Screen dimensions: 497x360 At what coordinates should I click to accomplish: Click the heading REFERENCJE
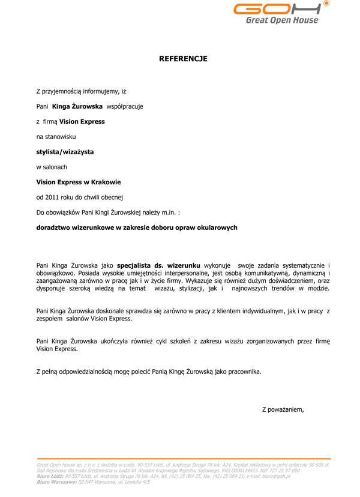[183, 59]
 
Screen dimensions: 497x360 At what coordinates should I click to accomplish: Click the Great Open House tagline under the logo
[282, 20]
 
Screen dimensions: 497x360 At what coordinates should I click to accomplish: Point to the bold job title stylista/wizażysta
[65, 152]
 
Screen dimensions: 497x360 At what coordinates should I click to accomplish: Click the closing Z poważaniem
[283, 410]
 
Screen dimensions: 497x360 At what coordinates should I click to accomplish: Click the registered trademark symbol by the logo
[326, 3]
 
